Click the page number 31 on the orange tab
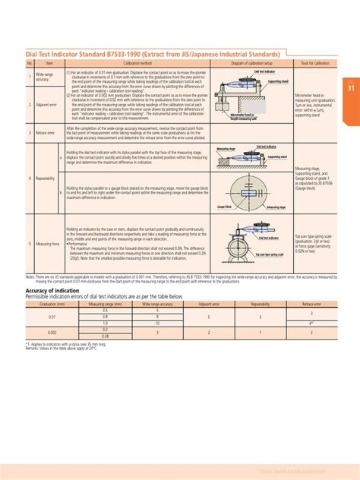point(352,87)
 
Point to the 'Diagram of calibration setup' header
point(251,63)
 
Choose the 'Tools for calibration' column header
point(315,63)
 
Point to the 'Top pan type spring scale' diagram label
point(270,254)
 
